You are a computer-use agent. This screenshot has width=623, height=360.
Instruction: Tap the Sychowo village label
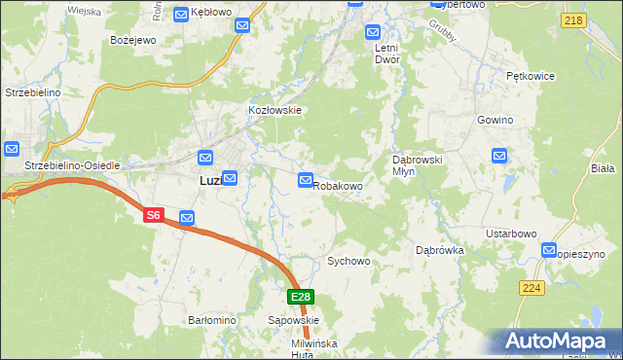click(348, 261)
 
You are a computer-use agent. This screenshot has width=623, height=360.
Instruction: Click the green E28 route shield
click(300, 297)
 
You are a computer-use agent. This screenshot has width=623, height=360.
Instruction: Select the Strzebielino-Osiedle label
click(72, 165)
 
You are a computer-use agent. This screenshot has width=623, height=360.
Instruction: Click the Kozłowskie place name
click(275, 110)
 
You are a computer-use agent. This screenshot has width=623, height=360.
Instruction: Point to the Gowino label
click(495, 120)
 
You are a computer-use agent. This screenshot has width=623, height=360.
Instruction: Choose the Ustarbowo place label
click(511, 234)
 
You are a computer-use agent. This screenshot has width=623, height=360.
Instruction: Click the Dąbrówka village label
click(440, 250)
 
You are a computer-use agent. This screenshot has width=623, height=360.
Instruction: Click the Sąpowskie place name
click(293, 319)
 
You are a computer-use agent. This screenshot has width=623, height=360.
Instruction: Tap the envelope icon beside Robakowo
click(306, 181)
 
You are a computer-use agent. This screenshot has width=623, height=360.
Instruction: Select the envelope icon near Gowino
click(499, 155)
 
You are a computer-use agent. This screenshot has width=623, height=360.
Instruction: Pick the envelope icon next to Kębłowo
click(181, 14)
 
